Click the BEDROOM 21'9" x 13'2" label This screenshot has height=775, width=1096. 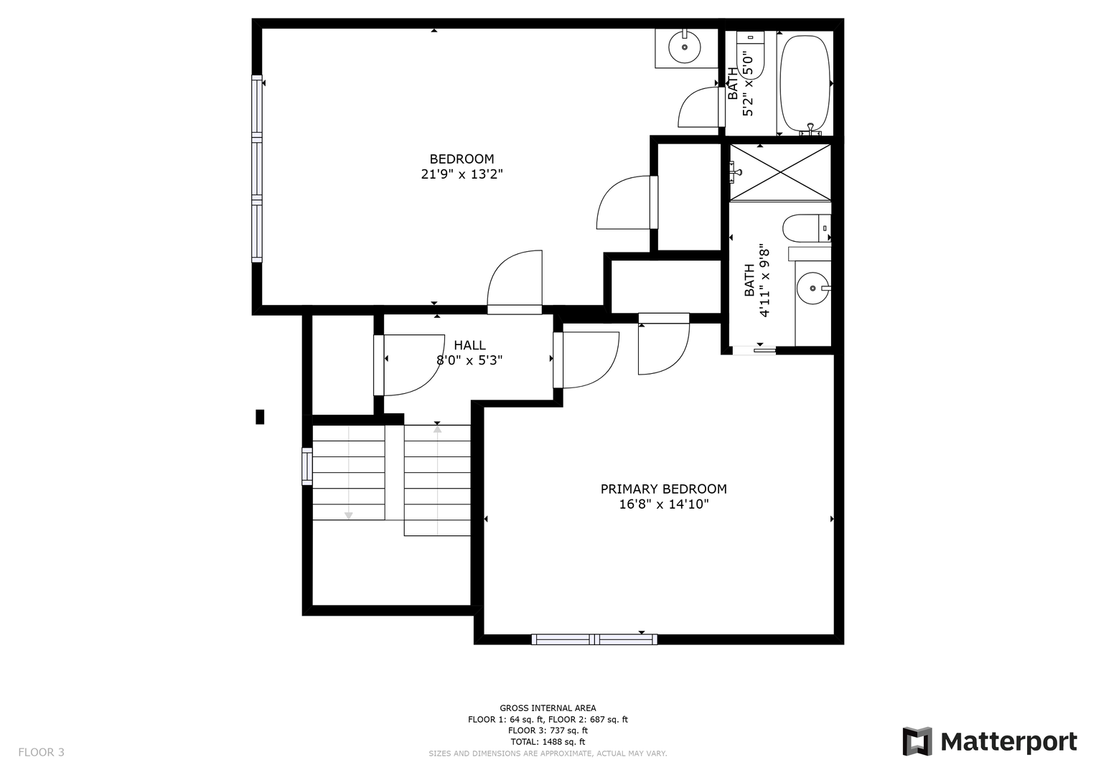click(x=462, y=166)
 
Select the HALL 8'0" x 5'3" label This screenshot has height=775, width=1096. click(x=469, y=352)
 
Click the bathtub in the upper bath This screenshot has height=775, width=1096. click(x=805, y=83)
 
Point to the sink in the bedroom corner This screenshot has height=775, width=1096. click(x=685, y=47)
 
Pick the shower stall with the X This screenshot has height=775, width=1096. click(x=780, y=172)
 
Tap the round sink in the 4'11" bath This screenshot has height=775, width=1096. click(x=812, y=288)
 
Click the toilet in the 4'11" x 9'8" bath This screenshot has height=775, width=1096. click(x=806, y=228)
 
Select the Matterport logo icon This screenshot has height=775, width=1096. click(x=917, y=741)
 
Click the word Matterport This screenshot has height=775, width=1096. click(x=1009, y=742)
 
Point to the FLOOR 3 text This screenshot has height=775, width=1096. click(x=41, y=752)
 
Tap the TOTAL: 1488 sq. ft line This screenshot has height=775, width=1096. click(x=548, y=741)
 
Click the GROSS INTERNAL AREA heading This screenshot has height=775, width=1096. click(x=548, y=708)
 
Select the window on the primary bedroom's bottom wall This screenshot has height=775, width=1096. click(x=594, y=639)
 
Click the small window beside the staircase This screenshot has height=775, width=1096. click(x=306, y=466)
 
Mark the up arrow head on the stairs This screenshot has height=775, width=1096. click(x=437, y=430)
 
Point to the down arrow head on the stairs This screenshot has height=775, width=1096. click(x=348, y=515)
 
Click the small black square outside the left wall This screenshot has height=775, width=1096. click(x=260, y=417)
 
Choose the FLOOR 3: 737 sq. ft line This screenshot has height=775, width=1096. click(x=548, y=730)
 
